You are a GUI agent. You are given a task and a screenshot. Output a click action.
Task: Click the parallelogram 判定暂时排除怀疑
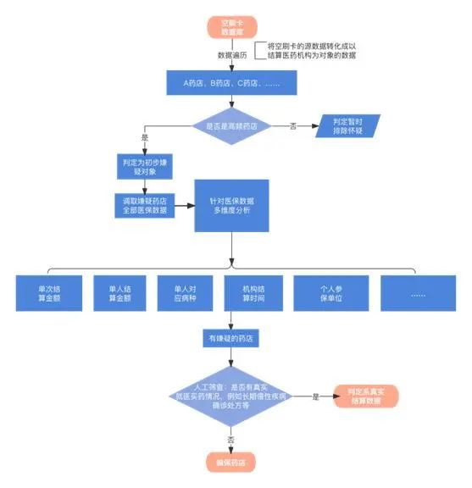pos(348,126)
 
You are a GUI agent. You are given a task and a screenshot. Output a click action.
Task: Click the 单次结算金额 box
pos(49,292)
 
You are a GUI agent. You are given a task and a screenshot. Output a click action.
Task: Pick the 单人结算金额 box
pos(119,292)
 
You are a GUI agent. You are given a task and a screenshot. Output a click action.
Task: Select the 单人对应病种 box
pos(185,292)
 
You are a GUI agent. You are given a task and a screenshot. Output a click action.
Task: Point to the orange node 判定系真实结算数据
pos(364,395)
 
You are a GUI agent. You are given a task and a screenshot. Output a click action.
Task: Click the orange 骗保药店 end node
pos(230,461)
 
